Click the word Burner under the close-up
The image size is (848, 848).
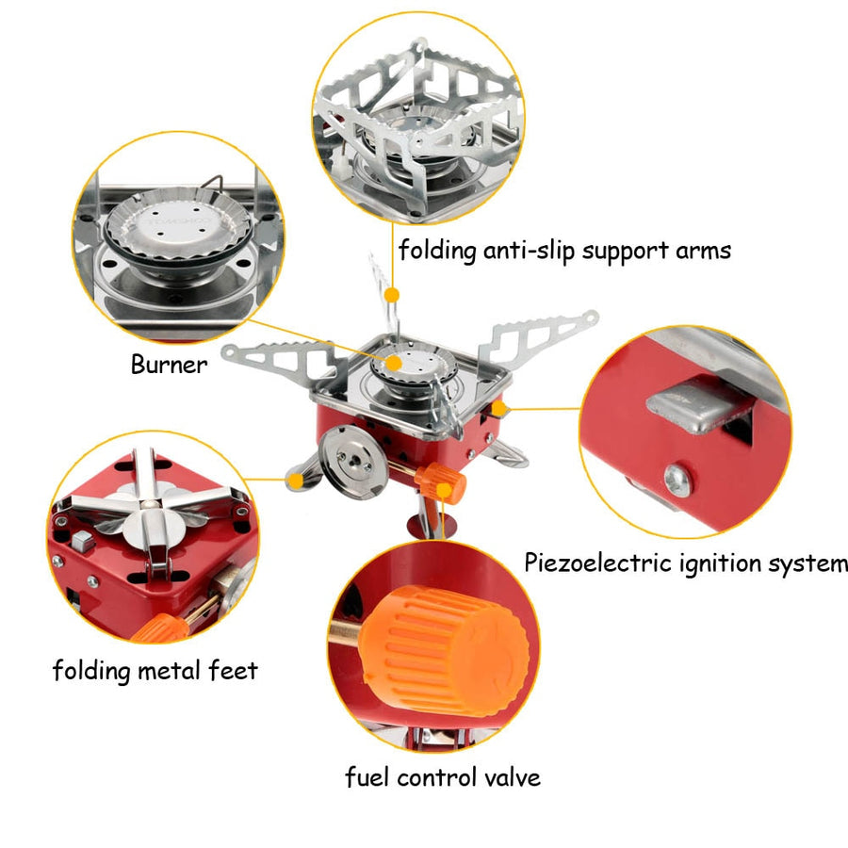168,365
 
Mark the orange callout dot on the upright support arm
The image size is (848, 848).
393,295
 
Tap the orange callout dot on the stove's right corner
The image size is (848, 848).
500,408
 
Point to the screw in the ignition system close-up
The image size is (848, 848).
677,480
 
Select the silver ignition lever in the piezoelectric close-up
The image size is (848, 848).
693,406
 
